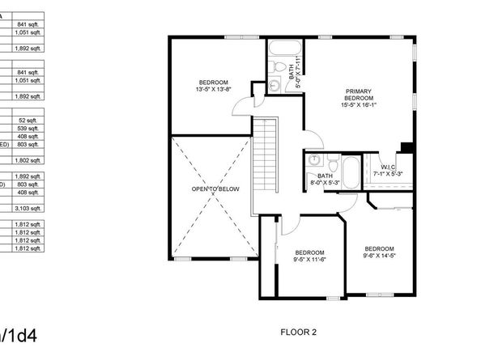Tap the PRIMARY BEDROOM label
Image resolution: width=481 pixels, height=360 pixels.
(359, 94)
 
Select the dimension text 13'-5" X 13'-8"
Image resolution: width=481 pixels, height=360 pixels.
(214, 90)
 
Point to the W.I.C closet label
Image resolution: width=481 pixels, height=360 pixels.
(388, 167)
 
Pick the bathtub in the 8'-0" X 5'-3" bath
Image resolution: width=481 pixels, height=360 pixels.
(350, 172)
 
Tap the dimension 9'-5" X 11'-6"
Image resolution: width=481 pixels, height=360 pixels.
(310, 259)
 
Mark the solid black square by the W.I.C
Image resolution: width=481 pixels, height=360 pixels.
(407, 147)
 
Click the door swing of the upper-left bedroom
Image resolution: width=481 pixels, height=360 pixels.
(257, 100)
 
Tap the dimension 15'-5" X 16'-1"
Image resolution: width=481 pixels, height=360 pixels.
(359, 104)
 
